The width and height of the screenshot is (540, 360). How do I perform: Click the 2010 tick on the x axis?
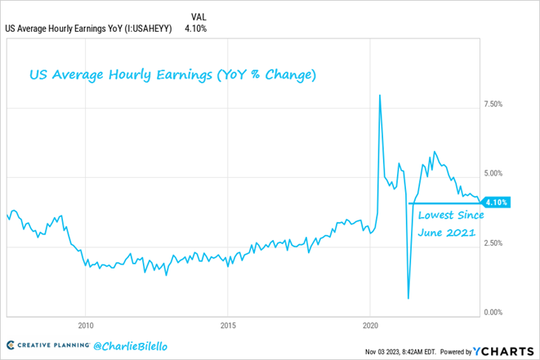(85, 325)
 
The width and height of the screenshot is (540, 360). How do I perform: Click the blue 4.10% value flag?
(497, 202)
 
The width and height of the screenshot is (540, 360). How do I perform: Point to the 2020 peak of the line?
(379, 96)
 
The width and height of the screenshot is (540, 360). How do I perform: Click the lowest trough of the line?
(408, 298)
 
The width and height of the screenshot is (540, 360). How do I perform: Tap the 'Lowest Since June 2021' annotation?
(450, 224)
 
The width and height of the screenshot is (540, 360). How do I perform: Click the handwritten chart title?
(172, 75)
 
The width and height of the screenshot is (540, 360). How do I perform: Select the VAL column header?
(199, 16)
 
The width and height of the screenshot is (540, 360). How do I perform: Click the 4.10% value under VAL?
(196, 29)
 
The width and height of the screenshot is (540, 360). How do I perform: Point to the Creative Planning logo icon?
(11, 346)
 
